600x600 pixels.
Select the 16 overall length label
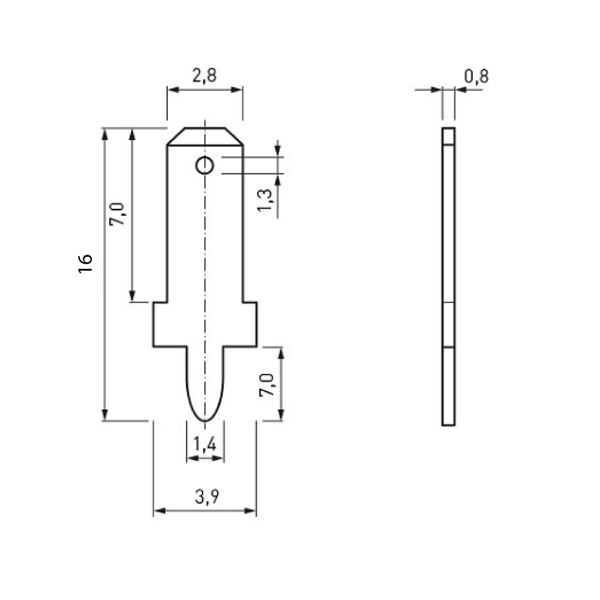85,264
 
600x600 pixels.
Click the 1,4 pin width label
205,444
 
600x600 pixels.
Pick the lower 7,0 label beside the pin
267,385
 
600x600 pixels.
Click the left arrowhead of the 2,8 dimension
173,90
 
